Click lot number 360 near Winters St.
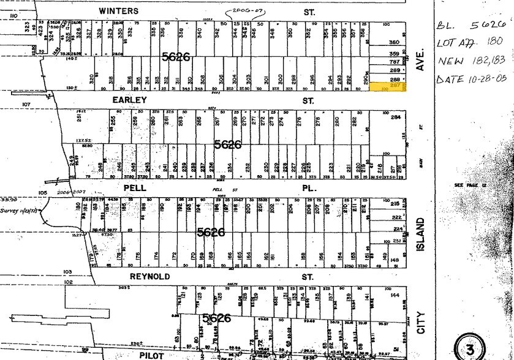click(394, 42)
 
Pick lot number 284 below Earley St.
click(395, 117)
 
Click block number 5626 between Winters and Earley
click(176, 56)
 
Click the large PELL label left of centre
click(135, 188)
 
